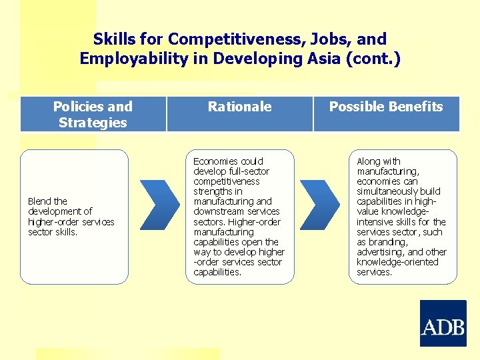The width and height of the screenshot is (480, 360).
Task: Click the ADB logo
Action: click(x=443, y=323)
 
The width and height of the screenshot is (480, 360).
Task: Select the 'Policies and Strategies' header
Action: click(x=93, y=114)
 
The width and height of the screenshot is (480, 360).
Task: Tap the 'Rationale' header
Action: click(x=239, y=107)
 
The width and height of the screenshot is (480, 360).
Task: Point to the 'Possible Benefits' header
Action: click(x=386, y=107)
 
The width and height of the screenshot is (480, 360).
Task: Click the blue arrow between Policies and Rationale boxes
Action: click(x=161, y=211)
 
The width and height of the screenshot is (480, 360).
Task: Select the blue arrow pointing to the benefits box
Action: click(x=322, y=211)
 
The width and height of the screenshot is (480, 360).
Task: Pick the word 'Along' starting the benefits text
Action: click(x=369, y=161)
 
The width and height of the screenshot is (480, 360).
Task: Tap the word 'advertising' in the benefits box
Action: click(x=380, y=252)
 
